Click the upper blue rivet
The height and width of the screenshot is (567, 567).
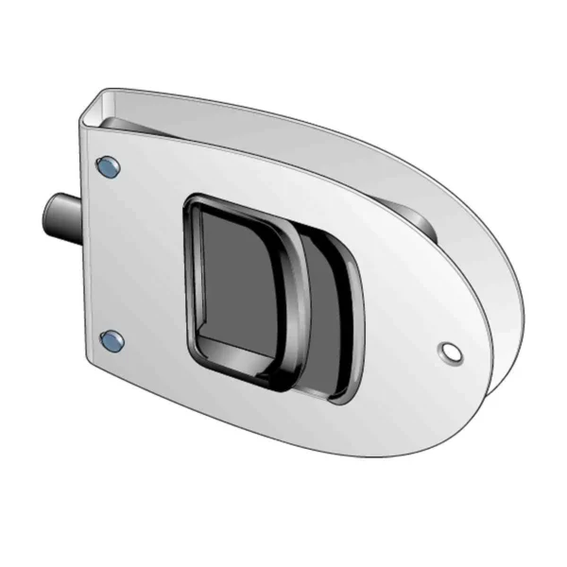click(x=109, y=166)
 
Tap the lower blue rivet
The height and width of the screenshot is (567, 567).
click(x=111, y=338)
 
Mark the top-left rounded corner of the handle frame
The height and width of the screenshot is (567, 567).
click(x=192, y=203)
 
